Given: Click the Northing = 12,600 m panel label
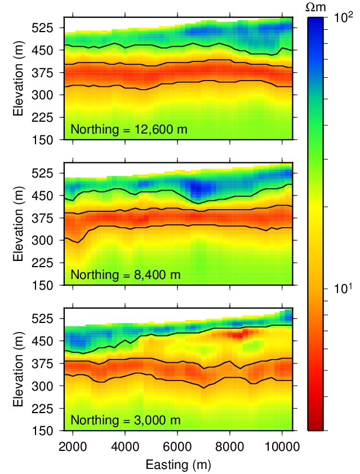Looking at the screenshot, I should click(x=128, y=130).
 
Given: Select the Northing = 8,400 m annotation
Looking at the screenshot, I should click(x=125, y=275).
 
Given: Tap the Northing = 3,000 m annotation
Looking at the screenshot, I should click(x=125, y=420).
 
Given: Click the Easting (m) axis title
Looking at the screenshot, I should click(x=178, y=466).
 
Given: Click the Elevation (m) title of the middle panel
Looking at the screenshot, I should click(x=20, y=224).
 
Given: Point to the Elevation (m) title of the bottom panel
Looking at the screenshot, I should click(x=20, y=369).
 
